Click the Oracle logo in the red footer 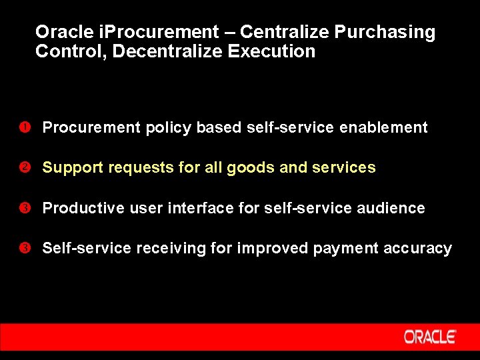pos(429,337)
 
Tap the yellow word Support pos(73,168)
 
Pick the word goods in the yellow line pos(251,168)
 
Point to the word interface pos(200,208)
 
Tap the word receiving pos(162,249)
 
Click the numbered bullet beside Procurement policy pos(22,127)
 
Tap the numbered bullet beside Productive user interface pos(22,208)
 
